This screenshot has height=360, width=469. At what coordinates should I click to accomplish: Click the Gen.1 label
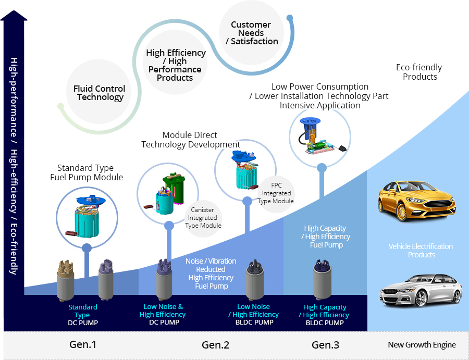pyautogui.click(x=83, y=345)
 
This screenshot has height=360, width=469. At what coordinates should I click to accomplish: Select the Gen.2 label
pyautogui.click(x=215, y=345)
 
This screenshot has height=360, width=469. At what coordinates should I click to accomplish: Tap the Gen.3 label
pyautogui.click(x=325, y=345)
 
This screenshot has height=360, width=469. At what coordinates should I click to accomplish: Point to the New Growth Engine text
pyautogui.click(x=422, y=345)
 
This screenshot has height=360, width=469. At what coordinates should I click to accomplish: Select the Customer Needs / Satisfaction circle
pyautogui.click(x=251, y=33)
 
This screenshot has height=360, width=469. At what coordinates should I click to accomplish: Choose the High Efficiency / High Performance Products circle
pyautogui.click(x=176, y=65)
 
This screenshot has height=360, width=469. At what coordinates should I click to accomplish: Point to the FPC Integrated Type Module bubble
pyautogui.click(x=277, y=193)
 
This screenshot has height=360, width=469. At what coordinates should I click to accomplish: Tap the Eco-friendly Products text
pyautogui.click(x=419, y=72)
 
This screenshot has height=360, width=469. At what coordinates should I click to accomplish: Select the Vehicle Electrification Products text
pyautogui.click(x=421, y=251)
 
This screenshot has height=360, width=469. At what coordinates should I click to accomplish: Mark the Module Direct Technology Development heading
pyautogui.click(x=191, y=140)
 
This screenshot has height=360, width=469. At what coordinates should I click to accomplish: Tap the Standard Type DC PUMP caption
pyautogui.click(x=83, y=315)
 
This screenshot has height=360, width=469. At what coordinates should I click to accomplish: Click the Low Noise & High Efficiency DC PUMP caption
pyautogui.click(x=163, y=315)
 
